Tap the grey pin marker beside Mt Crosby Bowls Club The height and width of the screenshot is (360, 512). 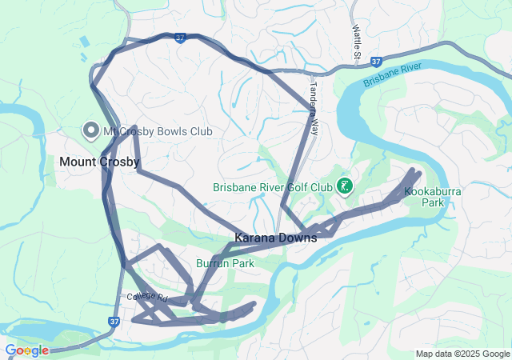(90, 130)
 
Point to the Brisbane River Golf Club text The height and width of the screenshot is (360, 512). (272, 188)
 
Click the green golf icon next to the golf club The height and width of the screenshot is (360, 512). (345, 186)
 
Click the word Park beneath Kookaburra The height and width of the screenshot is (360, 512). (433, 203)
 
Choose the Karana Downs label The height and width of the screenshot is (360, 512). (275, 238)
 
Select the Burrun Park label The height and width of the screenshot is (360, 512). (225, 262)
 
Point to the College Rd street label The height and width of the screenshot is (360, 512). (146, 297)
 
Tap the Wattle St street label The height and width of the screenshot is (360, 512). (357, 41)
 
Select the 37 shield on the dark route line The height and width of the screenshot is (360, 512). (181, 37)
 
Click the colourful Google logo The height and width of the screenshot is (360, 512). (26, 350)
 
